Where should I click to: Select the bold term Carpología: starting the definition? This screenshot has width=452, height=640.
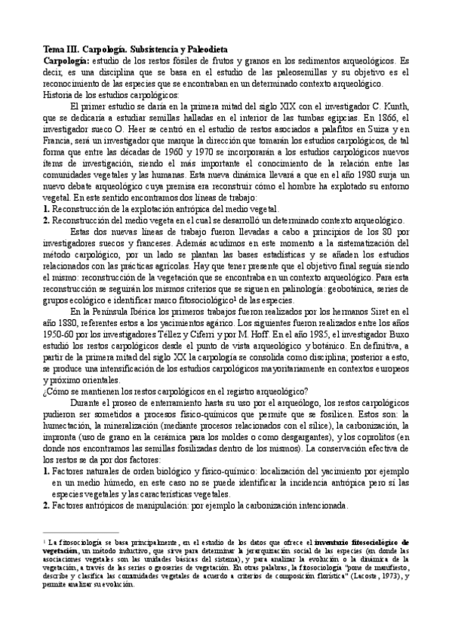pos(67,60)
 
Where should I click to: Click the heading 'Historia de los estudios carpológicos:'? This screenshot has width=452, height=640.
pos(111,94)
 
